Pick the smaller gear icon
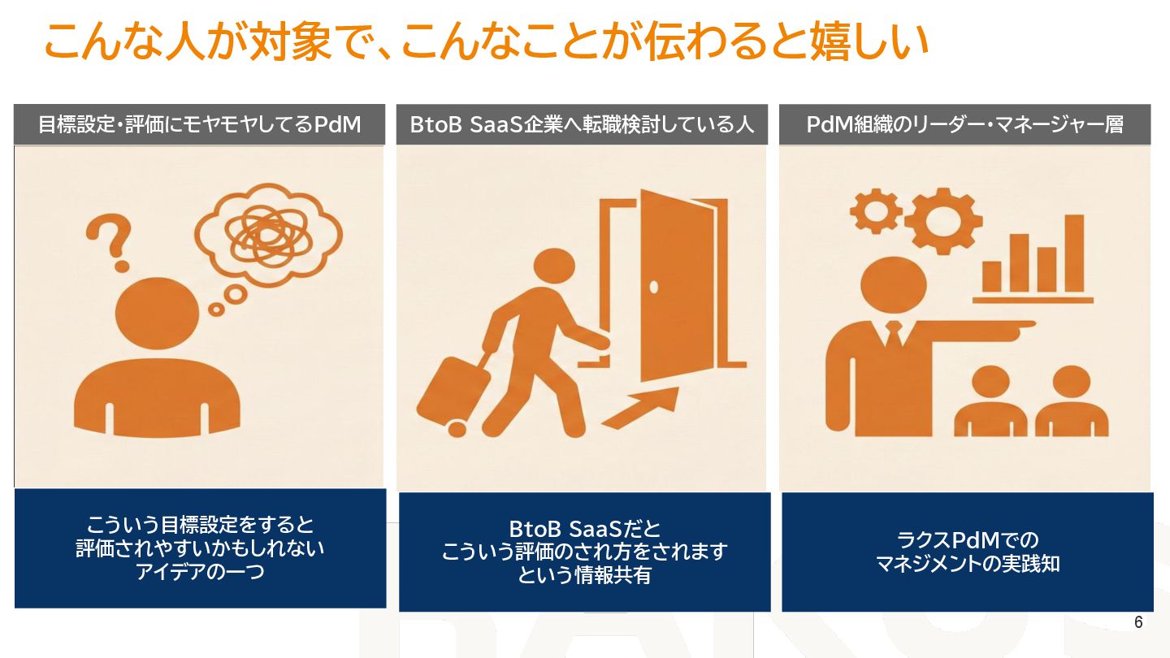tap(876, 210)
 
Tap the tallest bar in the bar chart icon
tap(1074, 253)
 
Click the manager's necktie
tap(894, 335)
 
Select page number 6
tap(1138, 623)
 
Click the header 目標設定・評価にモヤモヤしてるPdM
tap(199, 125)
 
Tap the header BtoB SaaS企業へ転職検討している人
tap(582, 125)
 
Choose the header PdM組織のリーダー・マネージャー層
tap(964, 125)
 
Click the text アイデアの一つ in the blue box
tap(200, 572)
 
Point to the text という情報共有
tap(584, 576)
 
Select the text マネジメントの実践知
tap(967, 564)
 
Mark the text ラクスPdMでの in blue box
tap(967, 539)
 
